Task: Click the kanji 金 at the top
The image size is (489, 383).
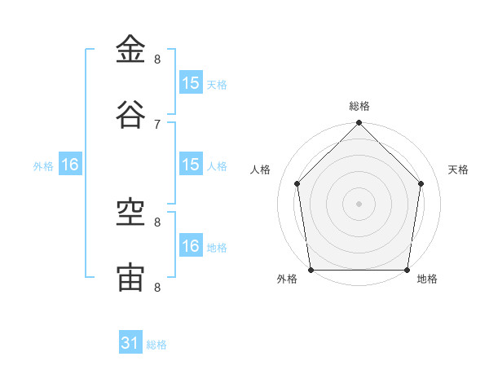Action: tap(130, 49)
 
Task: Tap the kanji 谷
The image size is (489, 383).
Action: tap(130, 114)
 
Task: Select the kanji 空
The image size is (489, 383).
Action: tap(130, 213)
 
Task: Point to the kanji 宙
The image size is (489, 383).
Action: tap(130, 278)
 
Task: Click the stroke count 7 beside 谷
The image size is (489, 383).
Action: tap(157, 125)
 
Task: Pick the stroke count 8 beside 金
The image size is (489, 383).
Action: tap(157, 59)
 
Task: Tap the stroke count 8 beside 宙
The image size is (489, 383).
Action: tap(157, 287)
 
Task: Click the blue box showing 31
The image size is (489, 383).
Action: tap(130, 341)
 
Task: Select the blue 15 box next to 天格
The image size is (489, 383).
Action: tap(191, 82)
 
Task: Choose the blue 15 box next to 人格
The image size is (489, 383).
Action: tap(191, 164)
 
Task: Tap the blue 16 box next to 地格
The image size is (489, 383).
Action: tap(191, 244)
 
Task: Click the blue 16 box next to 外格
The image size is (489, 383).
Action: tap(70, 164)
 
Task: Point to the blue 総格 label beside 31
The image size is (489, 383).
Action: tap(156, 345)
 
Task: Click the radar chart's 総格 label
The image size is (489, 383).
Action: tap(359, 106)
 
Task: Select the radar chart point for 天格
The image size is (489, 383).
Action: tap(421, 183)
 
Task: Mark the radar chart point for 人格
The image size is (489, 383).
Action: tap(297, 183)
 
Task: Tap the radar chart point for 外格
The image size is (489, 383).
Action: tap(311, 270)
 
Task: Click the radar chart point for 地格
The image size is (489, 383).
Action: tap(407, 270)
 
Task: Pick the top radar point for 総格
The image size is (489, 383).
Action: tap(359, 122)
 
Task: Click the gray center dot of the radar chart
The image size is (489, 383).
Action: tap(359, 204)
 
